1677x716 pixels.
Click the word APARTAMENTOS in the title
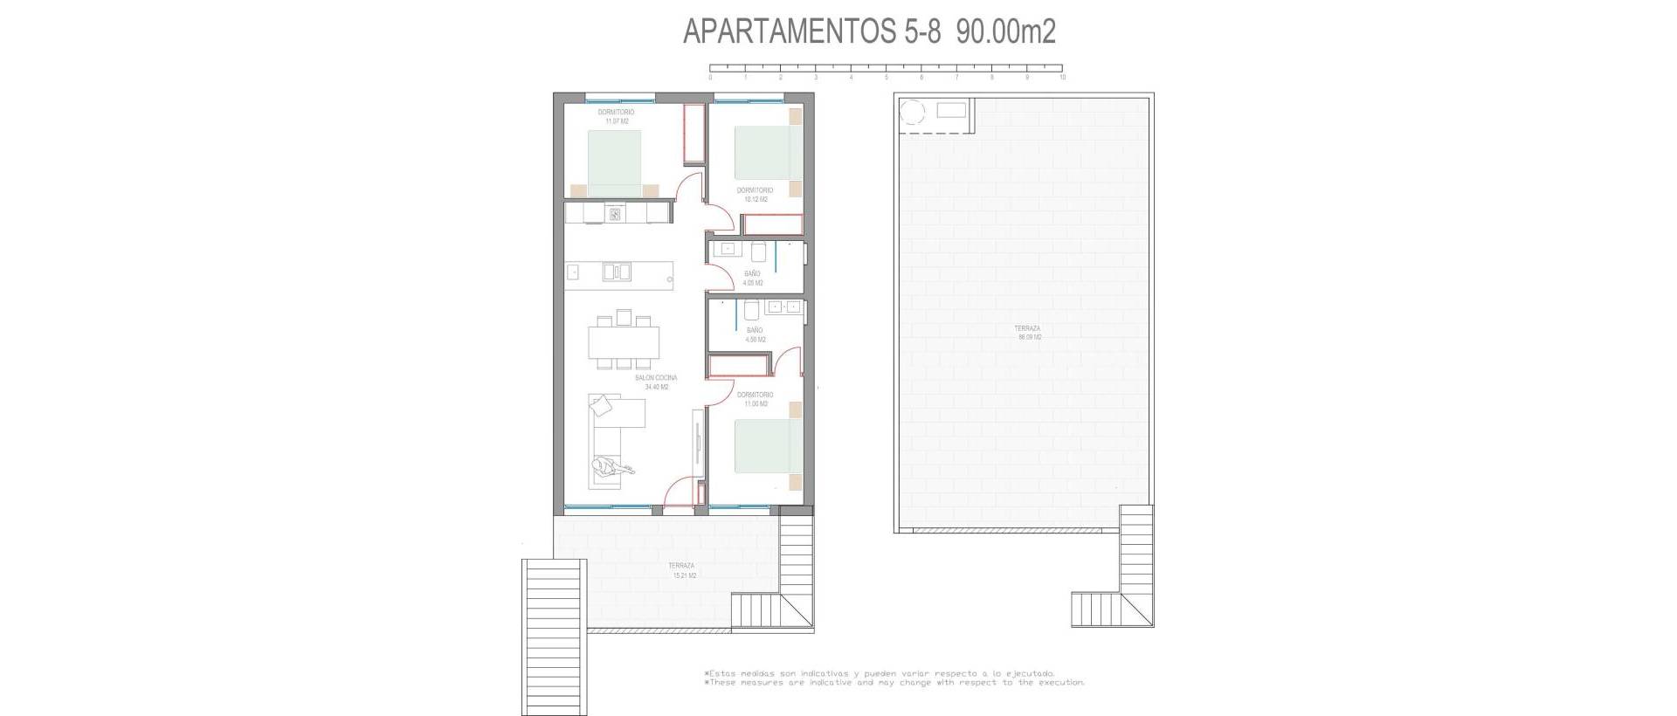click(790, 31)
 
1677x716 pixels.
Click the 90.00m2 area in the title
click(1005, 31)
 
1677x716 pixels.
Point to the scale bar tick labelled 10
click(1062, 77)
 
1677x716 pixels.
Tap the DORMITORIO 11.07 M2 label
click(616, 117)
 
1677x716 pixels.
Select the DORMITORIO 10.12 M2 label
click(755, 195)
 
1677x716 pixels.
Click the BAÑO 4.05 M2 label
click(752, 279)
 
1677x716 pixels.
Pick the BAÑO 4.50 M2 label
click(755, 335)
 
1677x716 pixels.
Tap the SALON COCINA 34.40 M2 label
click(655, 382)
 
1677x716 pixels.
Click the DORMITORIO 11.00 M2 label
click(755, 399)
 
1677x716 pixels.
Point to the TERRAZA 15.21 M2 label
click(682, 571)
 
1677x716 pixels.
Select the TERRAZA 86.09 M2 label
click(1027, 333)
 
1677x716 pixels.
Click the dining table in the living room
click(624, 341)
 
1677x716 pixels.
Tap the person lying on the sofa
click(611, 467)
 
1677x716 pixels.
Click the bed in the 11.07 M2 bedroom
click(614, 163)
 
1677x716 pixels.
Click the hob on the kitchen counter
click(615, 213)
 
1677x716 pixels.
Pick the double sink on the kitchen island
click(616, 272)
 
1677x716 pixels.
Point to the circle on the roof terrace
click(912, 113)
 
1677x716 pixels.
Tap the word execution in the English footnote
click(1060, 683)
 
